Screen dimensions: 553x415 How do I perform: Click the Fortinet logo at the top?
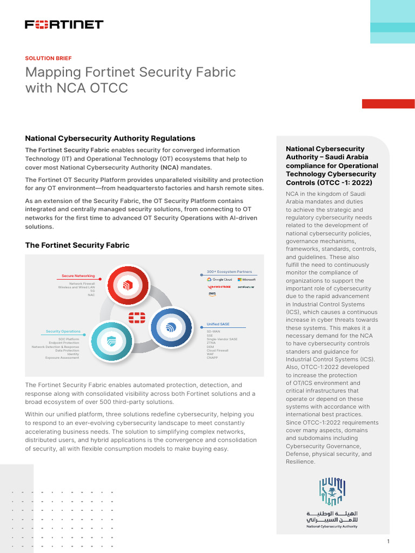coord(64,24)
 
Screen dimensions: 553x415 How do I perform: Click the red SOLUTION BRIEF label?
coord(48,58)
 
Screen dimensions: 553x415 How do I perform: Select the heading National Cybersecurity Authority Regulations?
coord(110,138)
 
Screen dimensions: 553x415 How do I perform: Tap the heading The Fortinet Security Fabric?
coord(77,245)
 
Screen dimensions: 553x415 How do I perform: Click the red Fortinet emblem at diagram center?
coord(137,317)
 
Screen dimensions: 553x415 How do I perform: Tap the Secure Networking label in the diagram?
coord(78,275)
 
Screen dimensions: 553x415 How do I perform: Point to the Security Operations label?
coord(63,331)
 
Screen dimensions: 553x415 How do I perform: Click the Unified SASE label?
coord(218,324)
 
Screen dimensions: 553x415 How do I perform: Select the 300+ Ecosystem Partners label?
coord(229,272)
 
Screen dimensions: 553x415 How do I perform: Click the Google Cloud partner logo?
coord(219,279)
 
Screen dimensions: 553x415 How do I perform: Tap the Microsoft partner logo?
coord(246,279)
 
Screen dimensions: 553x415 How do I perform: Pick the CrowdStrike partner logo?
coord(219,287)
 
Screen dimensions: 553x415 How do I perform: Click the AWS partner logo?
coord(212,294)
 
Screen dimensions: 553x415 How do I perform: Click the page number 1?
coord(388,542)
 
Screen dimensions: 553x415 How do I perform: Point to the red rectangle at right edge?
coord(388,104)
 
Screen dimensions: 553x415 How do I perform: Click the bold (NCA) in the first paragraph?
coord(168,167)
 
